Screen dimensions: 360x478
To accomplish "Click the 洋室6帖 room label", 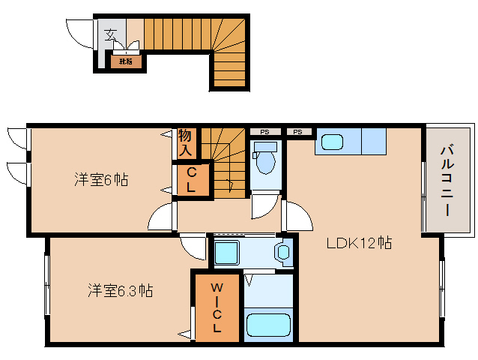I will [x=100, y=180].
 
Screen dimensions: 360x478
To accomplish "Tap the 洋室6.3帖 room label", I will [x=120, y=290].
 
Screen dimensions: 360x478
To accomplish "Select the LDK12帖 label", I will [x=359, y=243].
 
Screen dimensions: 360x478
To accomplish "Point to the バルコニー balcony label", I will [x=446, y=179].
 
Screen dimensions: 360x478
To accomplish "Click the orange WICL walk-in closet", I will [x=216, y=307].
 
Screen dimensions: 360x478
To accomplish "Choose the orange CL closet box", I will [x=191, y=181].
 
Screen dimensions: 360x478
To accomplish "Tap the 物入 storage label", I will [x=186, y=142].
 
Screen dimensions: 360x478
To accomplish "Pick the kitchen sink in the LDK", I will [x=330, y=141].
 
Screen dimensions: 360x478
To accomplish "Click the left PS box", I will [x=264, y=133].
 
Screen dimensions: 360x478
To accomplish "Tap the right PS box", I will [x=298, y=133].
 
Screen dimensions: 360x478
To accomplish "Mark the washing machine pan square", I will [x=226, y=252].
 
